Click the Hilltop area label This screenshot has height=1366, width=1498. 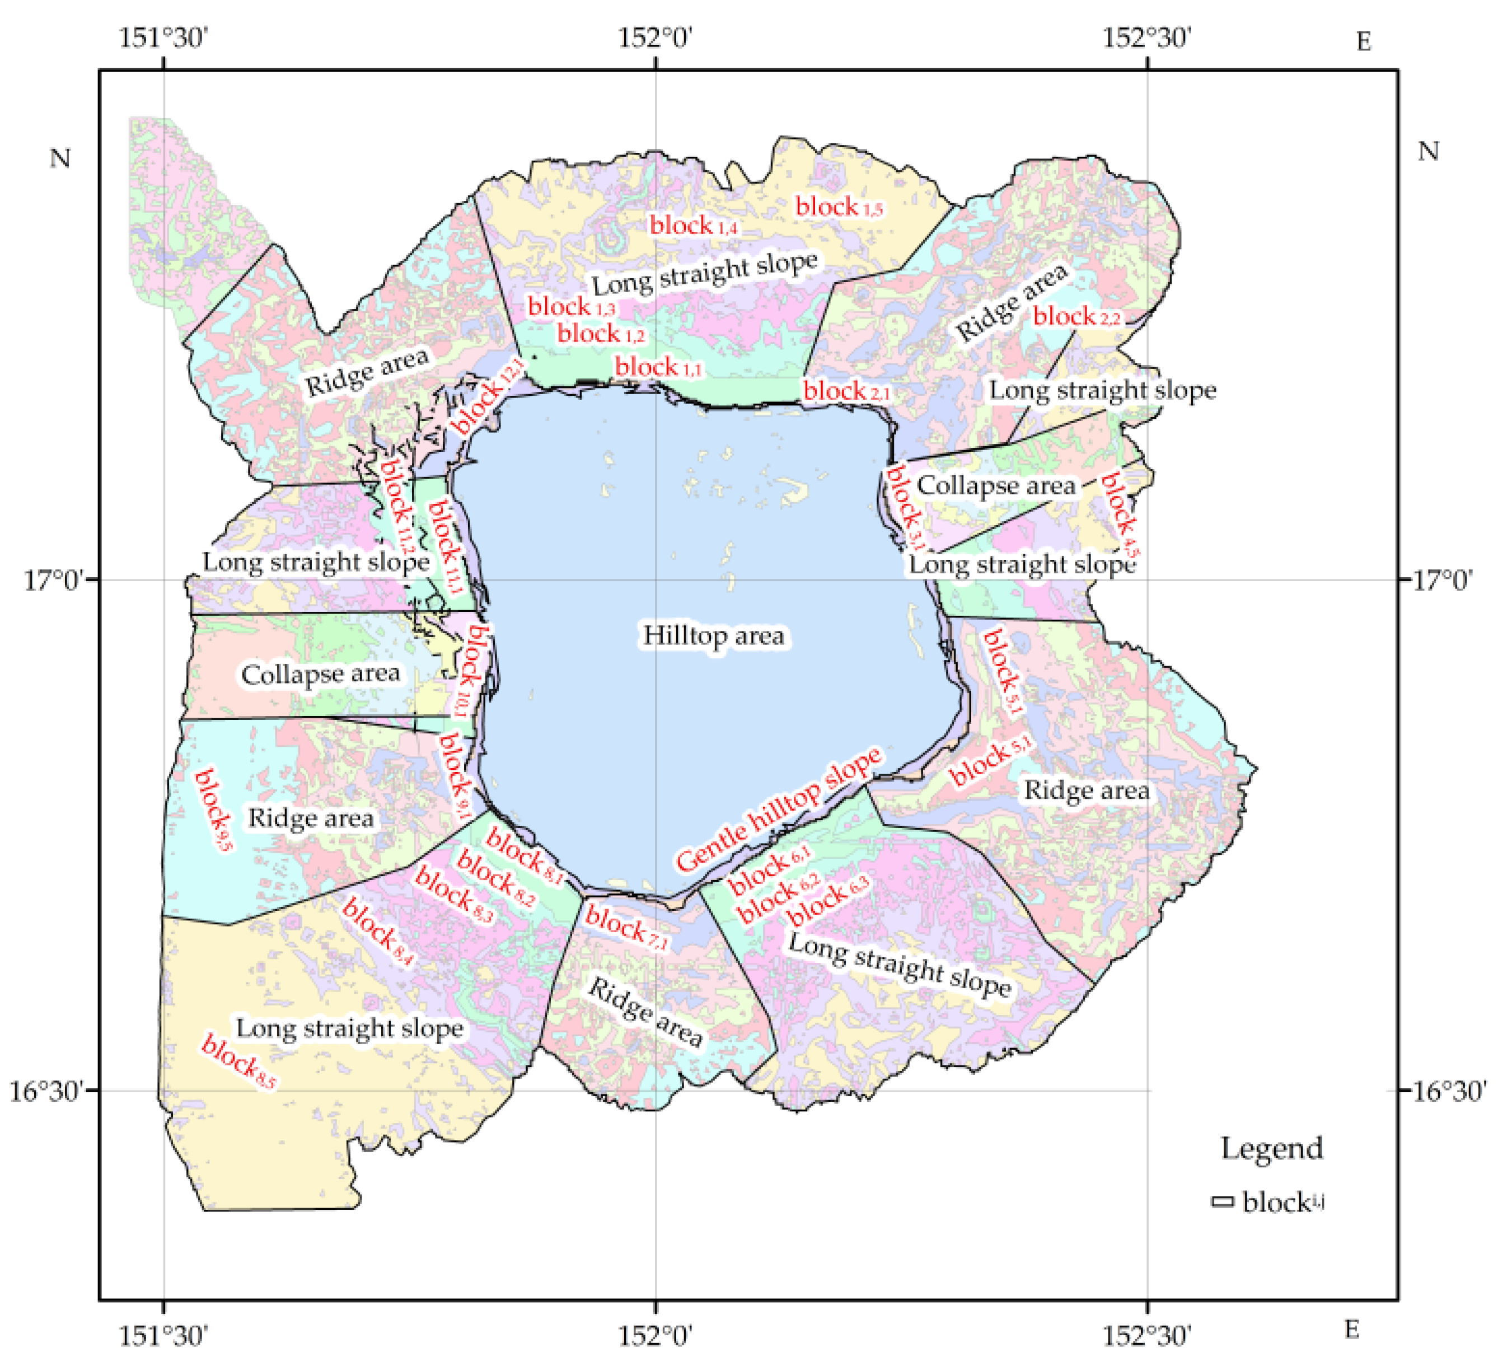click(x=713, y=636)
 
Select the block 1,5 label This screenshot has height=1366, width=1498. click(x=839, y=207)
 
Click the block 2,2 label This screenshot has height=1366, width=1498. click(x=1076, y=317)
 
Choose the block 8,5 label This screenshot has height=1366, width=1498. click(x=238, y=1062)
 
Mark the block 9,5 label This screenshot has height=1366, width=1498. click(x=214, y=810)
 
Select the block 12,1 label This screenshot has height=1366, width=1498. click(x=486, y=395)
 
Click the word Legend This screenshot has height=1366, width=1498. click(x=1271, y=1148)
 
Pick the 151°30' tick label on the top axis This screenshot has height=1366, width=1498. click(x=163, y=37)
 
